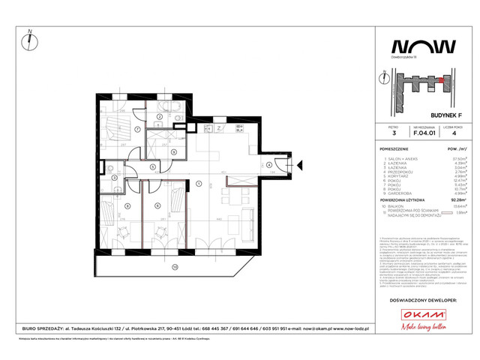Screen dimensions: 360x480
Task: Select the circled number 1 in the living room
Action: pos(198,183)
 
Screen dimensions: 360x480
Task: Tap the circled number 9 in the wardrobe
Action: pos(173,152)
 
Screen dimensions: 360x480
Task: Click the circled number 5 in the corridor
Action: pos(152,167)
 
